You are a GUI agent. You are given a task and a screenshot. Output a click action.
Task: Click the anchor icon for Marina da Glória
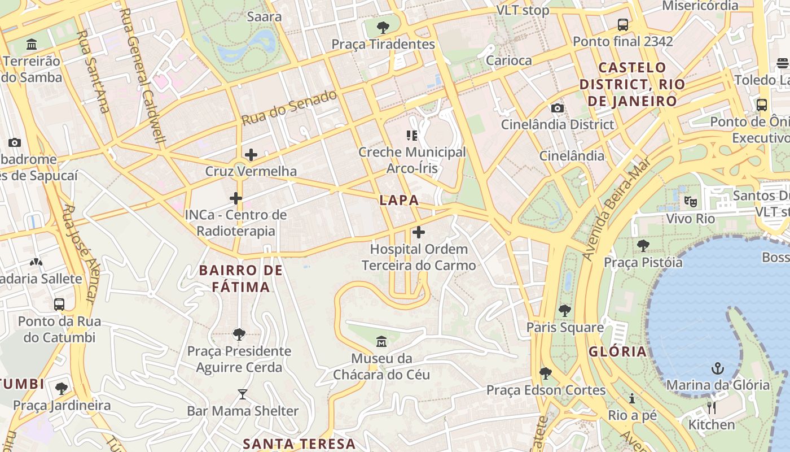[717, 368]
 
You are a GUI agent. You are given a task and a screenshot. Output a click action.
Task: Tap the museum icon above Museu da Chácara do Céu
[381, 341]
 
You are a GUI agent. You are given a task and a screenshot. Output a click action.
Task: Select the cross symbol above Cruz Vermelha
[251, 154]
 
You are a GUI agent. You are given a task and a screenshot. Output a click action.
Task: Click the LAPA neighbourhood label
[399, 200]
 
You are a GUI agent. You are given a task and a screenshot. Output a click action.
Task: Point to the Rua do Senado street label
[289, 107]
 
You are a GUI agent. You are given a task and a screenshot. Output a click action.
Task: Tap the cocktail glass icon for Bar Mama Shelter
[243, 394]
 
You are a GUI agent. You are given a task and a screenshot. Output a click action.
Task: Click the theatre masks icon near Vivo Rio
[690, 201]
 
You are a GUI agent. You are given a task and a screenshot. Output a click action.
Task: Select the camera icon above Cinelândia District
[557, 108]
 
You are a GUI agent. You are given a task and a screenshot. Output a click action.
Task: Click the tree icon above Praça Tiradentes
[383, 27]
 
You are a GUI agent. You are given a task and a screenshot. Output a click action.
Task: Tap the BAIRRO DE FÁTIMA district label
[241, 279]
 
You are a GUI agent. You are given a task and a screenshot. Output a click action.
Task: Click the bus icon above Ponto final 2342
[623, 25]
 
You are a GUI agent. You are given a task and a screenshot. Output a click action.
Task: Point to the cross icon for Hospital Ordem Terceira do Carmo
[419, 232]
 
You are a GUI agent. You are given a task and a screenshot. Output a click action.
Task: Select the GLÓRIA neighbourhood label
[617, 351]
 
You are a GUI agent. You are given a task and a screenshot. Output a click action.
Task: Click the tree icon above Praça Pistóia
[643, 245]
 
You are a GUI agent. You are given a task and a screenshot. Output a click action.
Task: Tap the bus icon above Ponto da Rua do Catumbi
[59, 304]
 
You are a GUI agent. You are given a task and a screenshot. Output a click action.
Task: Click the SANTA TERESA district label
[299, 444]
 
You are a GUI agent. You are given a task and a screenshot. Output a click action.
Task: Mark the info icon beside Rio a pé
[632, 398]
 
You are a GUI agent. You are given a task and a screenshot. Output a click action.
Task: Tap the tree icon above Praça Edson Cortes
[545, 373]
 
